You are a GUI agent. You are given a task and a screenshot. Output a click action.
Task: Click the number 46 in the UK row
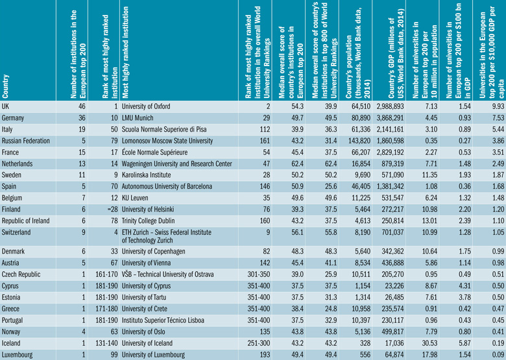[x=82, y=106]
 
